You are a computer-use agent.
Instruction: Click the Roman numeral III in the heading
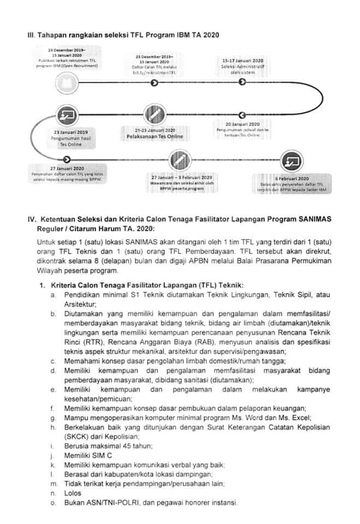(x=31, y=35)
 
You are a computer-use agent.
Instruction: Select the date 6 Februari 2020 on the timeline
(x=292, y=179)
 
